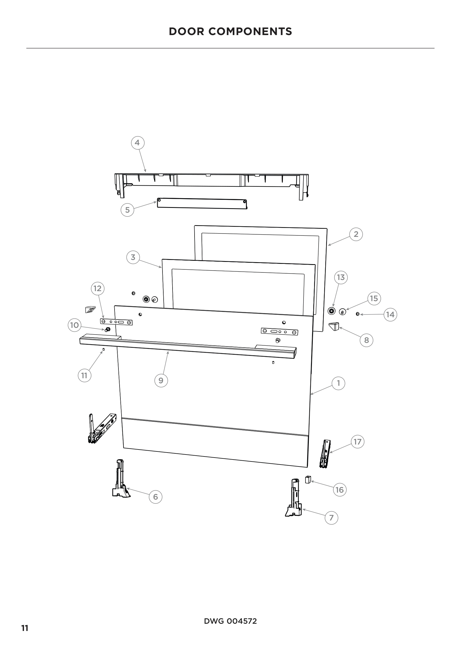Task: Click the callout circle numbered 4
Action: coord(138,143)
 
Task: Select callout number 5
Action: coord(127,210)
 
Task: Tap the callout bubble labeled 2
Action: coord(356,234)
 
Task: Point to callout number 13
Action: coord(341,277)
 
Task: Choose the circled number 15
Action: coord(374,298)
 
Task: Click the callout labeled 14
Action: coord(390,315)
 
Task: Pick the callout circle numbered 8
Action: coord(367,340)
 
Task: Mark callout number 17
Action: coord(357,442)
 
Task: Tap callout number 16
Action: coord(339,490)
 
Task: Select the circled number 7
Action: coord(331,518)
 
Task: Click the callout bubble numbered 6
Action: coord(156,497)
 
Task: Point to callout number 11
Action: coord(84,375)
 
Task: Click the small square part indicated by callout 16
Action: coord(307,480)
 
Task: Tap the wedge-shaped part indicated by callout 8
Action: coord(334,326)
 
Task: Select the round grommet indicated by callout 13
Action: coord(331,311)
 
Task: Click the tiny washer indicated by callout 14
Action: coord(358,314)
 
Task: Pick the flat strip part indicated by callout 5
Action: coord(202,203)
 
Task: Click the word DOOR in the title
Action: coord(186,31)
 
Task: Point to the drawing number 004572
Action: coord(241,621)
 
